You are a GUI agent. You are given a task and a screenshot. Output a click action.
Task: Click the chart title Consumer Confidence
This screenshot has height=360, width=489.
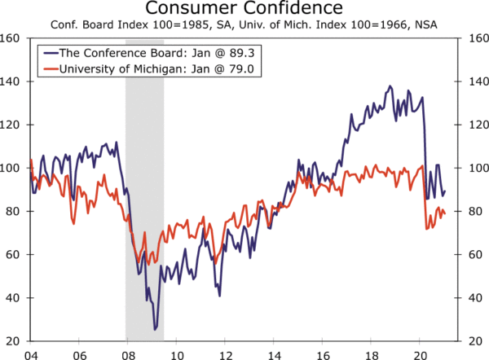pyautogui.click(x=244, y=9)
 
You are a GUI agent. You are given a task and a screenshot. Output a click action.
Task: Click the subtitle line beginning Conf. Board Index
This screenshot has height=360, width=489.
pyautogui.click(x=244, y=25)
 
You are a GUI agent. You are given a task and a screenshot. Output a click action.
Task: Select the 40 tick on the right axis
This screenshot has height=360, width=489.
pyautogui.click(x=474, y=297)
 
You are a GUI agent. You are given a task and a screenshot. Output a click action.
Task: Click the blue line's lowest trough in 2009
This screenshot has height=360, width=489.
pyautogui.click(x=155, y=330)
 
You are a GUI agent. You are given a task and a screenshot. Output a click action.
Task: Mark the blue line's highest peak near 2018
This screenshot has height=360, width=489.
pyautogui.click(x=390, y=86)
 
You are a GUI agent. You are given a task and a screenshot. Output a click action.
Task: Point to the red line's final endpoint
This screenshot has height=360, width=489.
pyautogui.click(x=445, y=213)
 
